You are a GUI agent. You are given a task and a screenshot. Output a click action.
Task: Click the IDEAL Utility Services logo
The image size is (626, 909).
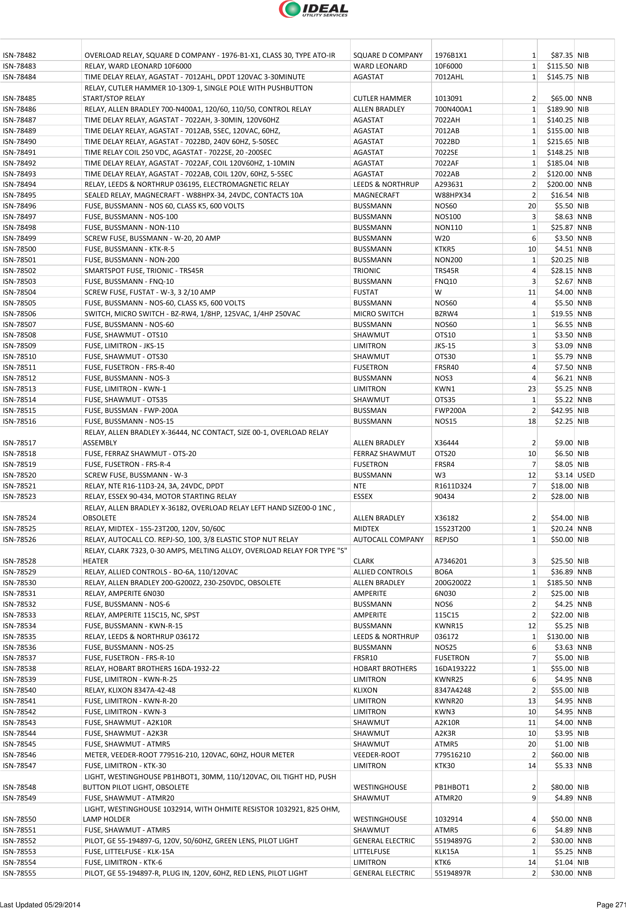[313, 9]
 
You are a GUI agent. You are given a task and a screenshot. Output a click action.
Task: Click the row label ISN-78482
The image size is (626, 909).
[19, 55]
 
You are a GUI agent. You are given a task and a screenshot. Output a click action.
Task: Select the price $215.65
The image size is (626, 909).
[559, 142]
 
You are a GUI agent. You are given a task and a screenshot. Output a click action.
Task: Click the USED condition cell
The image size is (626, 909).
[586, 475]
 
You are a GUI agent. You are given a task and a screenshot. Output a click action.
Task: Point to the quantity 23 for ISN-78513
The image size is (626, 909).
[531, 389]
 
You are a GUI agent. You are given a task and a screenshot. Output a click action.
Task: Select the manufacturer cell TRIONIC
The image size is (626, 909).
[367, 271]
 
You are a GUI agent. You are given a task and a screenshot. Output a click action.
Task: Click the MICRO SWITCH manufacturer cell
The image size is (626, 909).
[378, 314]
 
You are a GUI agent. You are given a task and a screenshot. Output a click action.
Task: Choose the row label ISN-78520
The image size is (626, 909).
[19, 475]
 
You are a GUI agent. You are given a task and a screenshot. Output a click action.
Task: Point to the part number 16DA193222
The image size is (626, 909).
[455, 669]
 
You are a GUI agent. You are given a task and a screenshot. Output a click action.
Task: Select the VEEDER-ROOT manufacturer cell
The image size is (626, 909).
[376, 755]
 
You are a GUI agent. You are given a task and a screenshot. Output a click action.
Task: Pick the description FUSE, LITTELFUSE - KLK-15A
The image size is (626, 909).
[129, 852]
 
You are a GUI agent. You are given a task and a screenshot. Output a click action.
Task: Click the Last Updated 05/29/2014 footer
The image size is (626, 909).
[40, 905]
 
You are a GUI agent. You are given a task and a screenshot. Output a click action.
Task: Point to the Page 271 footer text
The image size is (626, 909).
[610, 905]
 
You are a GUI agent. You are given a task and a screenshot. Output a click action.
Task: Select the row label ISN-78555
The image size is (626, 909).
[19, 873]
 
